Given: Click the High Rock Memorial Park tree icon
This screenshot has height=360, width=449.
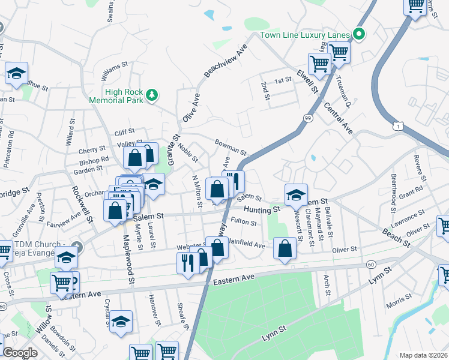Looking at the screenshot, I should [152, 94].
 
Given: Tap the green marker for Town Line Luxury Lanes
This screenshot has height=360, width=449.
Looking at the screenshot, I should [359, 34].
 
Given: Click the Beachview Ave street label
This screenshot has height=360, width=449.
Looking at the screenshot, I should [226, 60].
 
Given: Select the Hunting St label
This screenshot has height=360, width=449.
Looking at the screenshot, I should [262, 209].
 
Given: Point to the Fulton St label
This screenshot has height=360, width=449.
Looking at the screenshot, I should [244, 222].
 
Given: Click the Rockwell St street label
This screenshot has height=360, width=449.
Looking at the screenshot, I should [83, 205].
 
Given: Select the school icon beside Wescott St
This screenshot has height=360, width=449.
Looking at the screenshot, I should [296, 194].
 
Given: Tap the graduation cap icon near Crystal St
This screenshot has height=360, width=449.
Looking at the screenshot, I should [121, 322].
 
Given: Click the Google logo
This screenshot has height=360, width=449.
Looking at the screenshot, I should [20, 353].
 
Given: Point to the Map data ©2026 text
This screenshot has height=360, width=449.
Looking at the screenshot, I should [423, 355].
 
